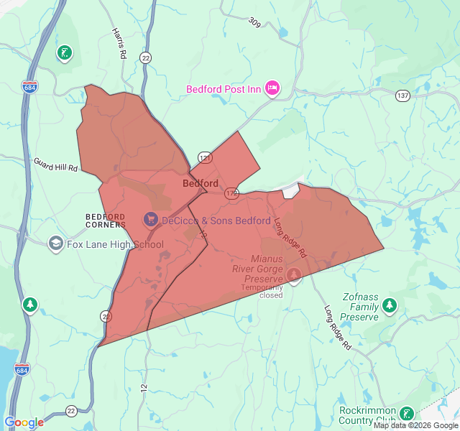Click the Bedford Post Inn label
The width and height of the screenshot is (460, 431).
point(224,89)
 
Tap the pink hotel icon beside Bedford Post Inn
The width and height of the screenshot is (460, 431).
point(272,88)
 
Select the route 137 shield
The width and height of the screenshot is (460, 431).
point(402,96)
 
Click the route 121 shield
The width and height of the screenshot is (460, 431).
point(204,157)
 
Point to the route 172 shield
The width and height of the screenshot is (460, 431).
point(231,193)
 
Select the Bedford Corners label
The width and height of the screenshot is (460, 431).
point(106,221)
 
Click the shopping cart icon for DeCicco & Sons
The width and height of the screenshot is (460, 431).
point(151,218)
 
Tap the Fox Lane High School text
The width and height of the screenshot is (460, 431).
point(115,244)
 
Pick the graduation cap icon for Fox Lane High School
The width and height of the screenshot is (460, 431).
point(55,244)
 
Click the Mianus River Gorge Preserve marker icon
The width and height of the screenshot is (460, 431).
point(294,274)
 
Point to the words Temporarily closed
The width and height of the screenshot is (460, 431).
point(262,291)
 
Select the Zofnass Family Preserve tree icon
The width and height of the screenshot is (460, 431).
point(390,306)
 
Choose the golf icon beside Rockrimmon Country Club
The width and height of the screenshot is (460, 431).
point(407,414)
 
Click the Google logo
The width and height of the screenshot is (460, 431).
point(24,422)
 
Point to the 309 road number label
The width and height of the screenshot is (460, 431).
point(254,23)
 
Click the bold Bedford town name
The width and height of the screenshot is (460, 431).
point(201,183)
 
